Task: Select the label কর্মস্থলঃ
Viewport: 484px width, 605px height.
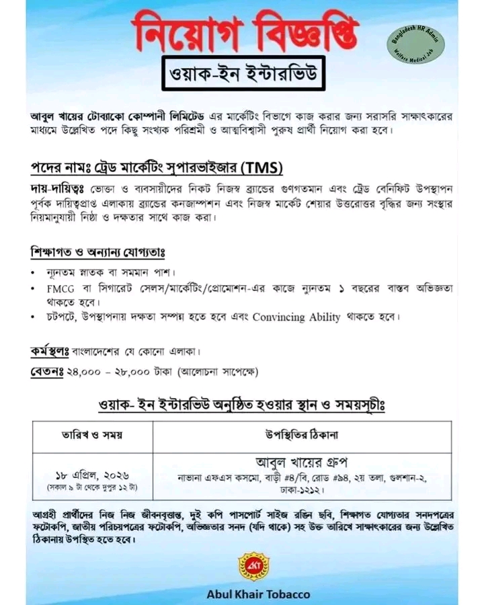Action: (x=50, y=351)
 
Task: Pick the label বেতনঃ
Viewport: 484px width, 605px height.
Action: (x=46, y=370)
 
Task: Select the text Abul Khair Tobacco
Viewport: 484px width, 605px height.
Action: (x=258, y=594)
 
